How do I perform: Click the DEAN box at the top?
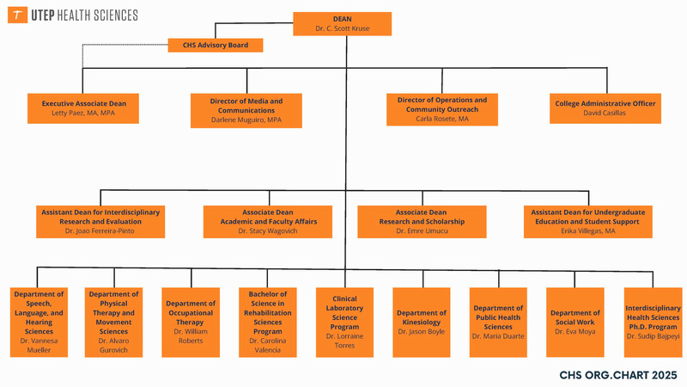[x=342, y=23]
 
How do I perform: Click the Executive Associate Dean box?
[x=83, y=107]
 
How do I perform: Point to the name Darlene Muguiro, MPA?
[x=246, y=120]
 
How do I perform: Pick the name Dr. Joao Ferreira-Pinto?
[x=100, y=231]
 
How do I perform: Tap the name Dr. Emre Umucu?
[x=422, y=231]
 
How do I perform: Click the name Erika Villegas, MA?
[x=587, y=231]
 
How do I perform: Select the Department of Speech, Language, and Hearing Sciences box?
[x=40, y=322]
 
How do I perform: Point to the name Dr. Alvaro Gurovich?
[x=113, y=346]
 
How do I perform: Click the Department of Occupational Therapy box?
[x=190, y=322]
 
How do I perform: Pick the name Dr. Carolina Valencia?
[x=267, y=346]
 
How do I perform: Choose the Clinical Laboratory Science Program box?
[x=344, y=322]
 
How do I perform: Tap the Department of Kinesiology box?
[x=421, y=322]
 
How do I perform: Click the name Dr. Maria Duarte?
[x=498, y=335]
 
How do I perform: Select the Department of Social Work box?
[x=575, y=322]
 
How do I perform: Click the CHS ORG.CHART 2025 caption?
[x=617, y=375]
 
